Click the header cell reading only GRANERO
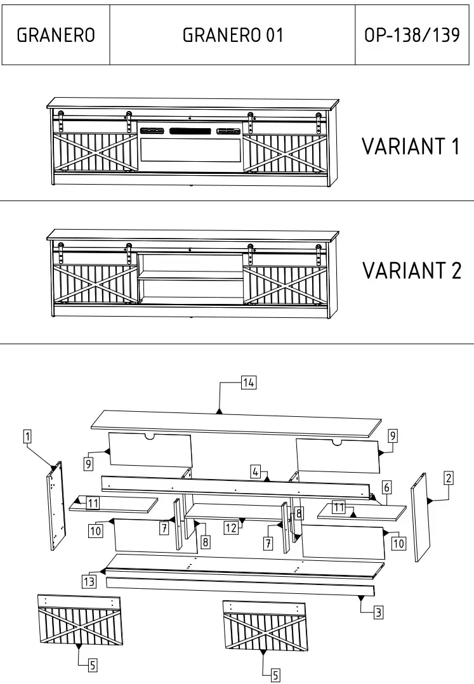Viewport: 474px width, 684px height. click(56, 35)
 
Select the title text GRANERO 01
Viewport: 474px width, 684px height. click(232, 35)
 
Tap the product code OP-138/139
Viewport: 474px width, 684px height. click(412, 35)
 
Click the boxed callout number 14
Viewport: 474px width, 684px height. click(248, 382)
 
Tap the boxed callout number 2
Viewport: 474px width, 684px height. click(448, 478)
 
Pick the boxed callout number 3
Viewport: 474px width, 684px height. click(378, 612)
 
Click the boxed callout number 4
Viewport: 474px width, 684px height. click(255, 471)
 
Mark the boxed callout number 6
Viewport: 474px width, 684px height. click(386, 487)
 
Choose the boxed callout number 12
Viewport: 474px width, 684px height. click(230, 527)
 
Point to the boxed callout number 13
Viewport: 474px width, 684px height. click(88, 581)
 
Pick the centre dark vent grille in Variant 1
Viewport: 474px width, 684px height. click(191, 131)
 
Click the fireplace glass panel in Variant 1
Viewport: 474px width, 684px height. click(190, 153)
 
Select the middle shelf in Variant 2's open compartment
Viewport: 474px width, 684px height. click(190, 277)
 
